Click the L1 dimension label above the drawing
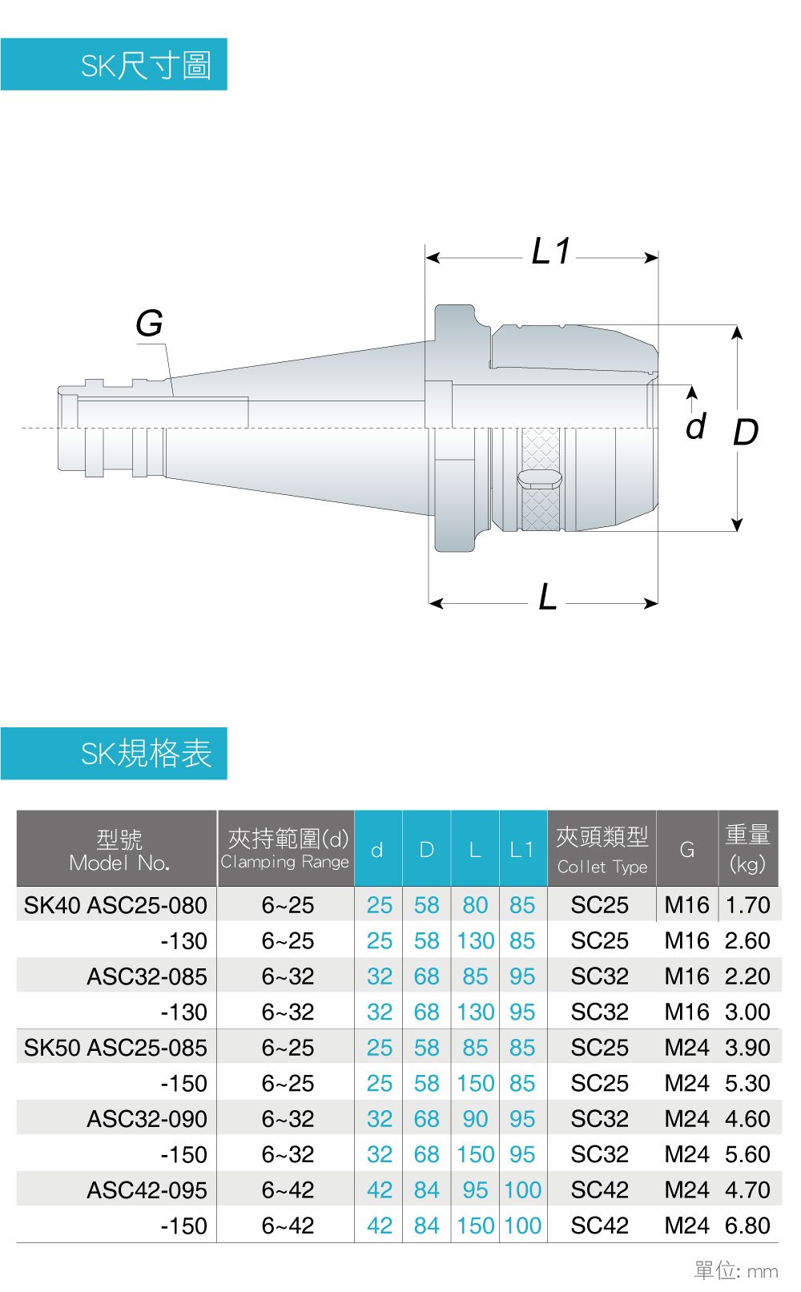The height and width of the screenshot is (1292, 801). point(550,252)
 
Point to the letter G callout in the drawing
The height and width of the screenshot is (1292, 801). point(149,323)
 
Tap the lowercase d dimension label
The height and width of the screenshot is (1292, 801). point(696,426)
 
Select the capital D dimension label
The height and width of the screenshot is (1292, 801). point(746,432)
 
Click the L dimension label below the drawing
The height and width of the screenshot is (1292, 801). point(547,597)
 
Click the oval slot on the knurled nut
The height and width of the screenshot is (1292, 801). point(540,479)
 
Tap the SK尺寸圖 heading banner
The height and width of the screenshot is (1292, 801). point(115,64)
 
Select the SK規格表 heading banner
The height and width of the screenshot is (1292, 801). point(115,753)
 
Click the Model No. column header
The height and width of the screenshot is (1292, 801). point(119,849)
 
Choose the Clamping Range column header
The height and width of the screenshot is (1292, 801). point(285,848)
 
